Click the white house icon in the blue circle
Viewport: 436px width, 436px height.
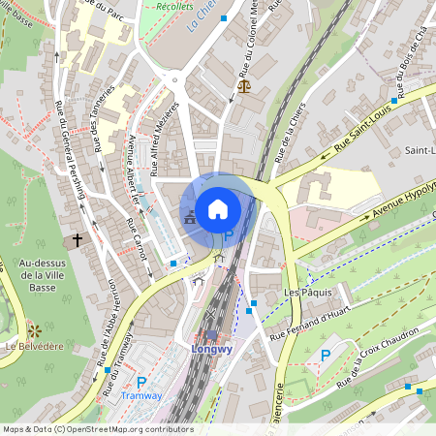click(218, 208)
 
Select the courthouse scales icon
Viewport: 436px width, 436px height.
click(241, 86)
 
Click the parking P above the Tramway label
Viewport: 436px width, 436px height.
click(141, 383)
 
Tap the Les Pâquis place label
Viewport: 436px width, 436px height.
click(307, 292)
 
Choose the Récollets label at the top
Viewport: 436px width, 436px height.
click(171, 6)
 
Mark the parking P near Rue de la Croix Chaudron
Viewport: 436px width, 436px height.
click(326, 357)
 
